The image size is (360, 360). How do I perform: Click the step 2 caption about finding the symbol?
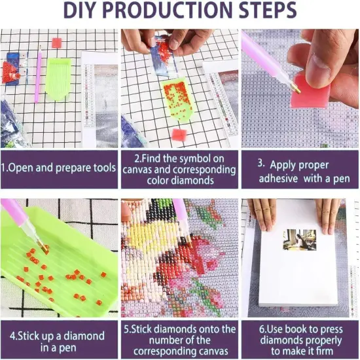(179, 168)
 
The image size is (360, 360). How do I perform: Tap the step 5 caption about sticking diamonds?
(179, 341)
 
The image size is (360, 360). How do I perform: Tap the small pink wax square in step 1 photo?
(56, 43)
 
